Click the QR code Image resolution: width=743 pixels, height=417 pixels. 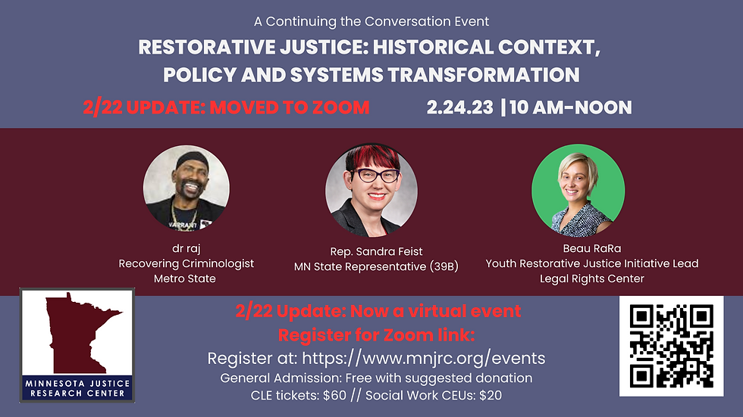[x=671, y=346]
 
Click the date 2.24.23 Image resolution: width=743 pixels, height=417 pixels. [x=459, y=107]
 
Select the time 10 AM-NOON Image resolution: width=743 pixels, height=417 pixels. [x=570, y=107]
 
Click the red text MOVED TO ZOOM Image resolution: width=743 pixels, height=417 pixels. [x=290, y=107]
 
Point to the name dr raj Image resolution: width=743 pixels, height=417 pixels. [x=187, y=248]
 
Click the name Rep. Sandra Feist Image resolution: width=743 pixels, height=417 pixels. [x=376, y=251]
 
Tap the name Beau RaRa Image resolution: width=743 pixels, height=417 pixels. [x=592, y=248]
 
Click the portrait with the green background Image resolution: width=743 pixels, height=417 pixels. [x=578, y=191]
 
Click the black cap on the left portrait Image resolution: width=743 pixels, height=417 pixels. [x=192, y=158]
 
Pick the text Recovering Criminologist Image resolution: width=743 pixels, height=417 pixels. [x=187, y=263]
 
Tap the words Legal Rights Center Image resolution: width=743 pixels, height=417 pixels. [x=592, y=279]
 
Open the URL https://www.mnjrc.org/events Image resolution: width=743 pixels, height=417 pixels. [x=424, y=359]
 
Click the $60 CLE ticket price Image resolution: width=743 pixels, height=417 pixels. [x=334, y=395]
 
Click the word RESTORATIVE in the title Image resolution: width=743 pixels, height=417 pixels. [x=206, y=47]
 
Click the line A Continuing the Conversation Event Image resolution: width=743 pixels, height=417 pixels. [x=371, y=21]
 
